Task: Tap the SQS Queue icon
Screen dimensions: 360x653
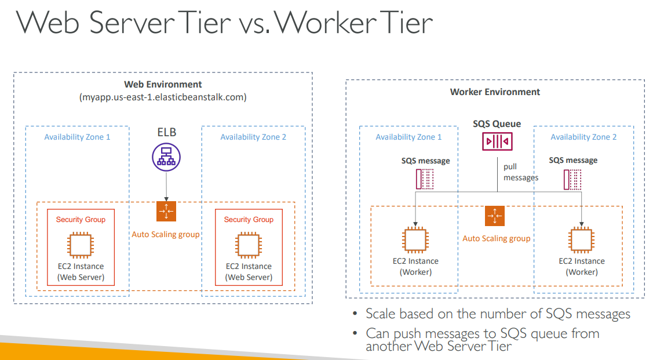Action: point(497,141)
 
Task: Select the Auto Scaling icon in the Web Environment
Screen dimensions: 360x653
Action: point(166,212)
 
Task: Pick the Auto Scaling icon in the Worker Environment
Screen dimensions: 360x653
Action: point(495,216)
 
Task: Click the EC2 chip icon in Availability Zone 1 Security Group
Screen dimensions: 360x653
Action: point(81,245)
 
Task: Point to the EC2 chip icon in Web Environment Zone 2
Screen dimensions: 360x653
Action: point(249,245)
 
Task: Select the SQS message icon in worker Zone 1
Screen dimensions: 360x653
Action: point(425,179)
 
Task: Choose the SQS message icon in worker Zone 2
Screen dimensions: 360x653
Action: point(572,179)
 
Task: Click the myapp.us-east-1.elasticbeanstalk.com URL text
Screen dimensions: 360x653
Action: point(163,97)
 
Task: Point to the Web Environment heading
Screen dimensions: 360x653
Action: point(163,85)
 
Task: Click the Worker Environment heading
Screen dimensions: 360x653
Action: point(495,92)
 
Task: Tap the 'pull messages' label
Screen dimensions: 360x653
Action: point(520,172)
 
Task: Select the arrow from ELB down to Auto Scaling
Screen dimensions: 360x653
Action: point(166,186)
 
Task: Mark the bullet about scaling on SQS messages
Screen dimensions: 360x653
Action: point(497,314)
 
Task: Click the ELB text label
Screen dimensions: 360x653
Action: point(167,132)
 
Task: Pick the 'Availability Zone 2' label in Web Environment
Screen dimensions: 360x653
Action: point(253,137)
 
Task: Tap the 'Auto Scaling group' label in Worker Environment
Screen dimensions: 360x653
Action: point(496,238)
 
